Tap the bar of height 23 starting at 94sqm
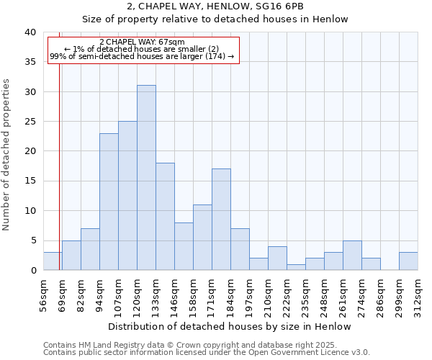click(x=109, y=202)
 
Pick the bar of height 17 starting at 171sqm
click(x=221, y=220)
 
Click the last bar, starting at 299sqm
click(x=408, y=261)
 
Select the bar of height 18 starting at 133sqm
click(x=165, y=217)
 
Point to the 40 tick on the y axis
click(x=30, y=32)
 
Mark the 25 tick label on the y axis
click(x=30, y=122)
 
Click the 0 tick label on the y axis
click(x=32, y=271)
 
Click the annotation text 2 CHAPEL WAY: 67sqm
click(x=142, y=42)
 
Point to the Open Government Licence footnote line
click(x=207, y=352)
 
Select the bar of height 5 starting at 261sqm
click(x=352, y=256)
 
